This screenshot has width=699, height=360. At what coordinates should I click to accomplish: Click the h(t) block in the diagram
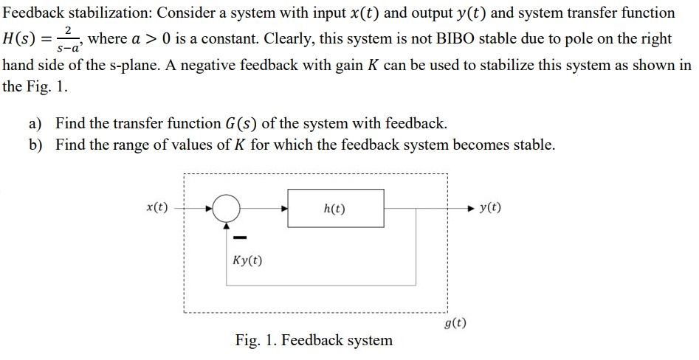tap(335, 209)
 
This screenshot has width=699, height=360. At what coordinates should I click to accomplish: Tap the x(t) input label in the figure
tap(156, 207)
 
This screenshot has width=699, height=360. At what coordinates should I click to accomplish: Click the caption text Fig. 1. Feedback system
tap(314, 340)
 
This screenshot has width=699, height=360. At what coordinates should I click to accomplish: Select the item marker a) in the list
tap(35, 123)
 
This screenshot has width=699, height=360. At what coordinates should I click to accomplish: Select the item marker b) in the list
tap(35, 145)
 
